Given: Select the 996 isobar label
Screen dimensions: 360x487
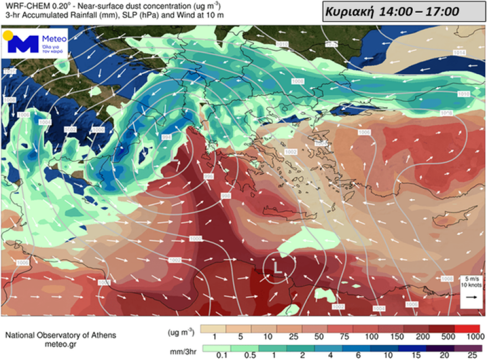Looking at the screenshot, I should (209, 176).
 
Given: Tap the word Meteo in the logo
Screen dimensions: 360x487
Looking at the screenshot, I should (54, 39).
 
